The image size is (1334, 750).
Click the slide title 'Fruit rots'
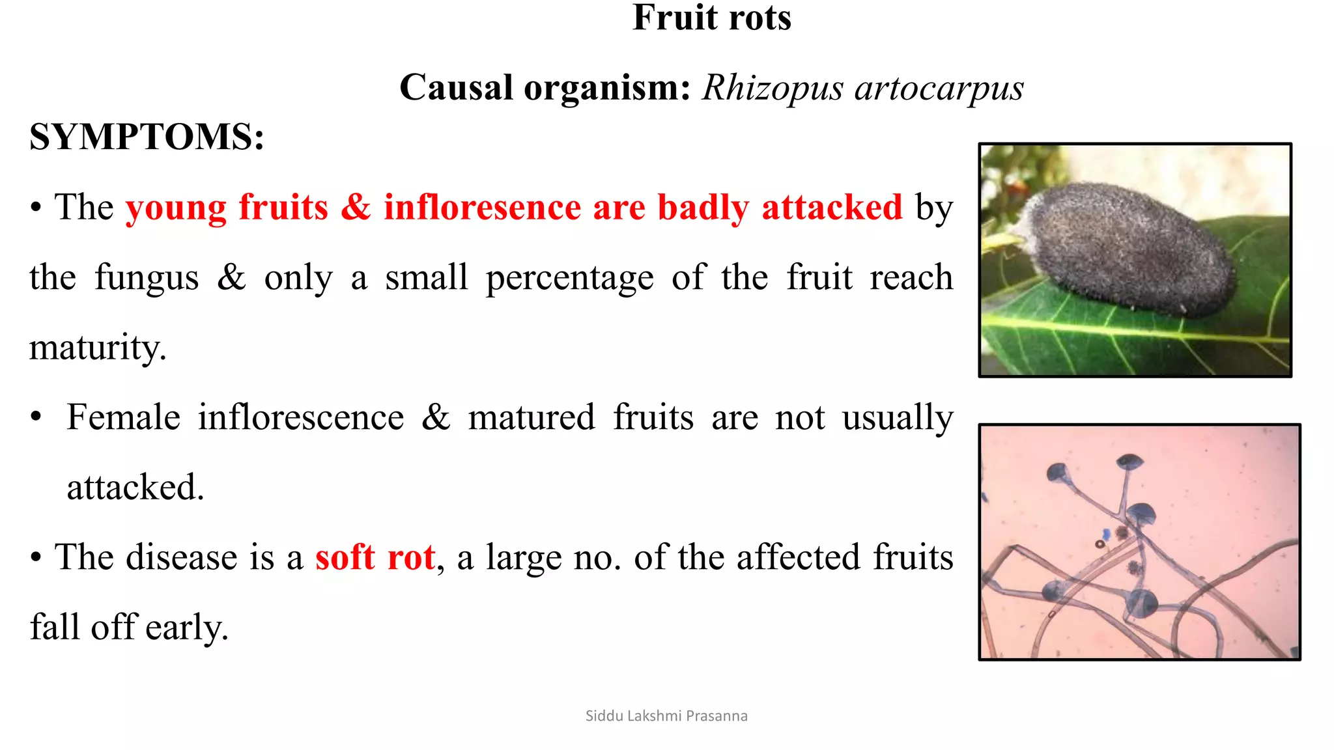[711, 18]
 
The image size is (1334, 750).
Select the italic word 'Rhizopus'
[772, 88]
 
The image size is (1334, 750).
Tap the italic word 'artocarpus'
[939, 88]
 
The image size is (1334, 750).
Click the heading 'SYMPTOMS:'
[147, 137]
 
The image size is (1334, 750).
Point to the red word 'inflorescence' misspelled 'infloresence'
[482, 208]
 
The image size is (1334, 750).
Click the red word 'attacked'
[832, 208]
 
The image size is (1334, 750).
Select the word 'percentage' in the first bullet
[569, 278]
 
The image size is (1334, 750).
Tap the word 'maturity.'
[98, 348]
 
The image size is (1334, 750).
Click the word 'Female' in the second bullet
[123, 417]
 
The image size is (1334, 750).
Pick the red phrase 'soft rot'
[375, 558]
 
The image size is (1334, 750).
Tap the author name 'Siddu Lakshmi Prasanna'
[666, 716]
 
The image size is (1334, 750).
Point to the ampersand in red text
[356, 208]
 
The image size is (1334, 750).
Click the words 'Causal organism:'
[545, 88]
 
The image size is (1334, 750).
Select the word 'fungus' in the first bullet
[147, 278]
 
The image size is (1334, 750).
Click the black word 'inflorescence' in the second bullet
[301, 417]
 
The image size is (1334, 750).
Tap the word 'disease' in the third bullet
[182, 558]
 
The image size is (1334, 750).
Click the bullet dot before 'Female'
[36, 417]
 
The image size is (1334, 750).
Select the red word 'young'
[176, 209]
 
